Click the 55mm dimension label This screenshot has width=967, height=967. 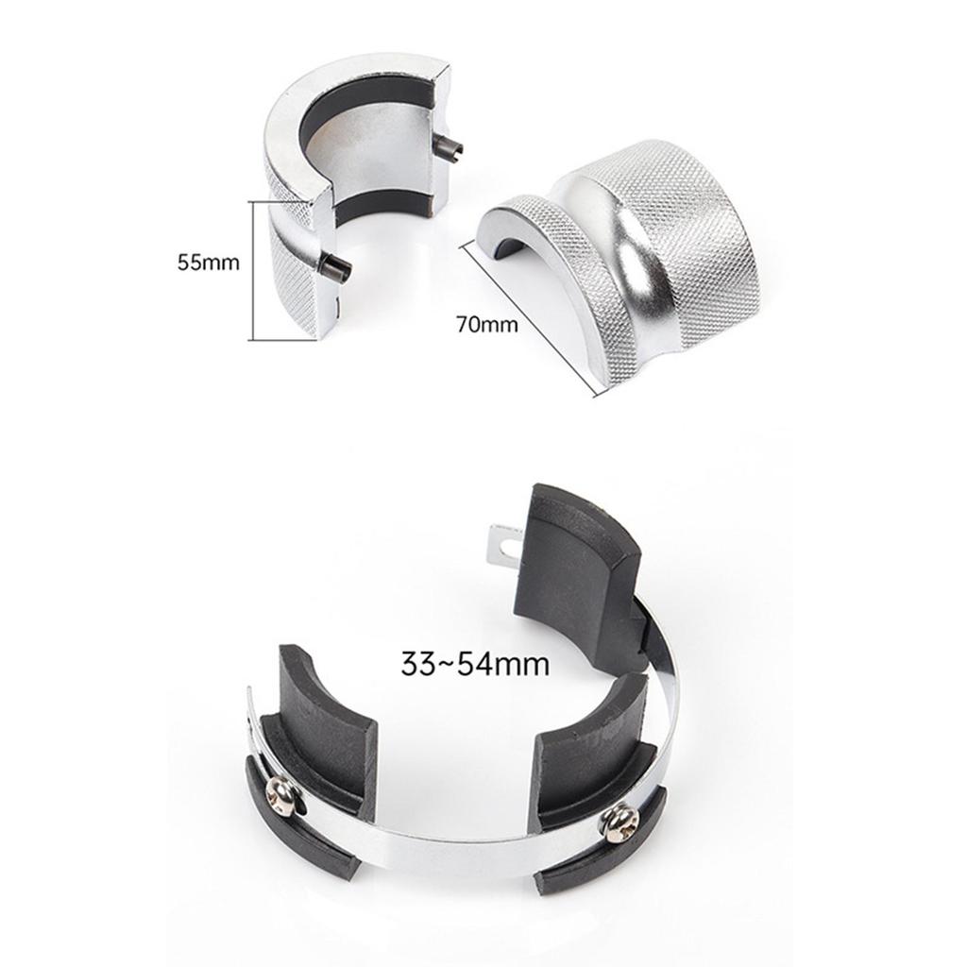pos(208,263)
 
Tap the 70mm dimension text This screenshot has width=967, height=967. pos(487,323)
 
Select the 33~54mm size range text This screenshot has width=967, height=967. pos(475,664)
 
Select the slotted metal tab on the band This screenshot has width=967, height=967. pos(501,543)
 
